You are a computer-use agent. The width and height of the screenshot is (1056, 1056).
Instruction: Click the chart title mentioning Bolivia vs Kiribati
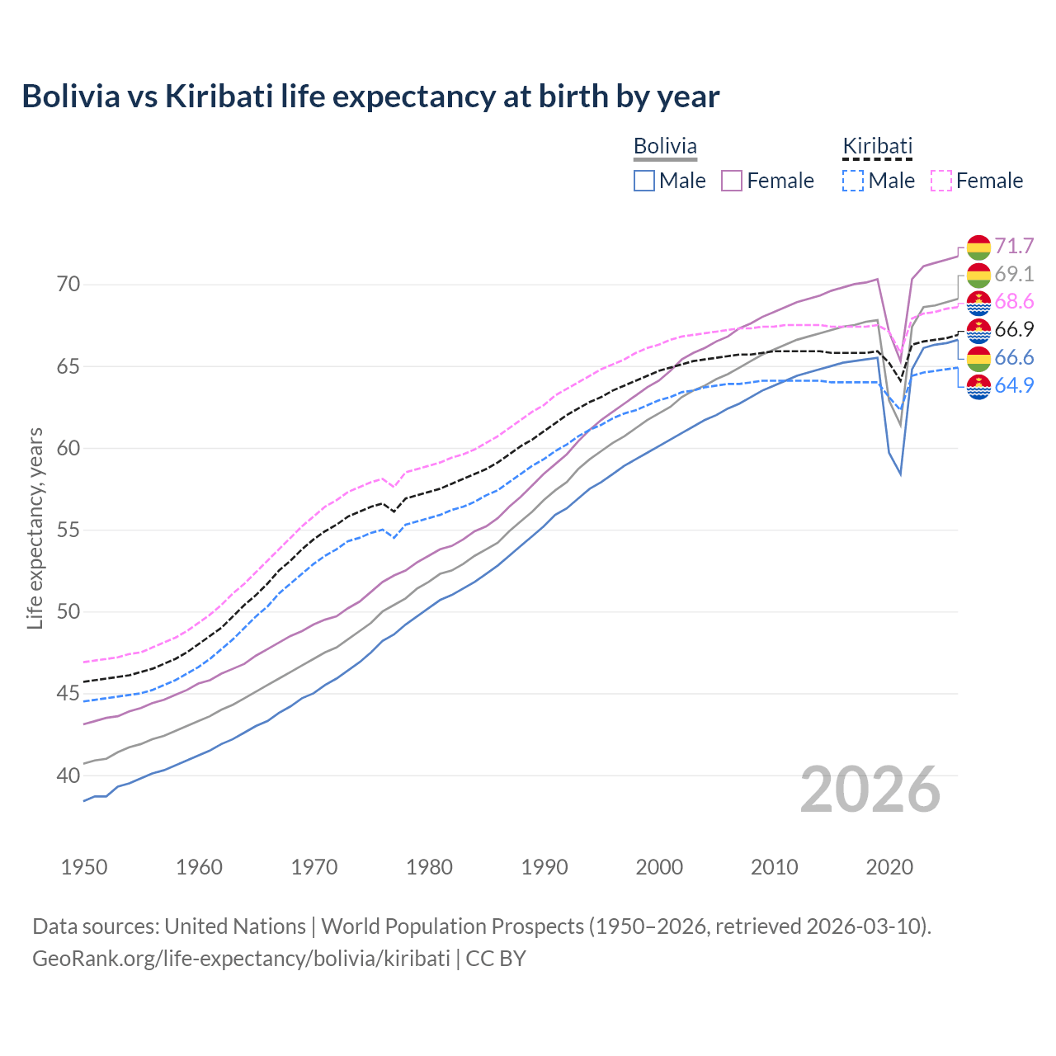[x=370, y=97]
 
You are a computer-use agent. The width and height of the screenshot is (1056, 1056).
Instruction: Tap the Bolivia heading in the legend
[x=665, y=146]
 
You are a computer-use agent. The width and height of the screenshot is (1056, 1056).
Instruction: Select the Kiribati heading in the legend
[x=877, y=146]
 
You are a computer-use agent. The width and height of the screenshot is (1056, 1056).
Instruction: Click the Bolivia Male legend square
[x=644, y=181]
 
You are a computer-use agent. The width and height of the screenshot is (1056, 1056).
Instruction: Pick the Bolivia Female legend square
[x=732, y=181]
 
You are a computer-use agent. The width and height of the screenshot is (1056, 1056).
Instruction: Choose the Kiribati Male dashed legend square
[x=853, y=181]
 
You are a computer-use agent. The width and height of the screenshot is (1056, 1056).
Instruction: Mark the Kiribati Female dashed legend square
[x=941, y=181]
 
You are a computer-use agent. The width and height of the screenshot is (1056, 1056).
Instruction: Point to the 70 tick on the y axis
[x=68, y=285]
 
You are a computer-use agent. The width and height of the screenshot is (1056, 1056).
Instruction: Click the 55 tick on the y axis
[x=68, y=530]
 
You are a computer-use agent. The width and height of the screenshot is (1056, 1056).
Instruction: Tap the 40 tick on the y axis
[x=68, y=775]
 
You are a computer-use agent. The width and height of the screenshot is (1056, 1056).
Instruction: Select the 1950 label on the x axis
[x=84, y=867]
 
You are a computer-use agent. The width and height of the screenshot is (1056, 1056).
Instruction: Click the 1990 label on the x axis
[x=544, y=867]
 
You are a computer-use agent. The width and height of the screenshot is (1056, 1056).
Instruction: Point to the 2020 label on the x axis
[x=889, y=867]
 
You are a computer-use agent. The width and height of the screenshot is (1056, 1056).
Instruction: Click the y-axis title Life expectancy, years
[x=35, y=528]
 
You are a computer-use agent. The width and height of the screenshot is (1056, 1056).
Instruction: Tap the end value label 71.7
[x=1014, y=247]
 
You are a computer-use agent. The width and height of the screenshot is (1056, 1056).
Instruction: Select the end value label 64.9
[x=1014, y=385]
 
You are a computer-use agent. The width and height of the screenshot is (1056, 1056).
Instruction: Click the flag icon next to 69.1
[x=978, y=275]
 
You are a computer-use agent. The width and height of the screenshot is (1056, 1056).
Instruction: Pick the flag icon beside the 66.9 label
[x=978, y=330]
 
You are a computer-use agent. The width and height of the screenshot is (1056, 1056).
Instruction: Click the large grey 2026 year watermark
[x=870, y=790]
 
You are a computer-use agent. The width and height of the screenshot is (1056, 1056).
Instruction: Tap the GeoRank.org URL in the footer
[x=241, y=959]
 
